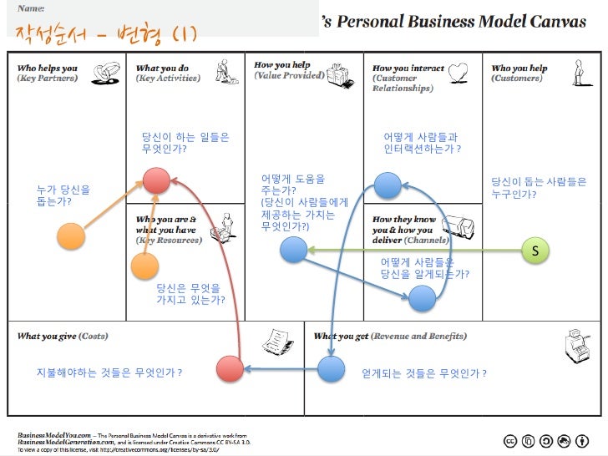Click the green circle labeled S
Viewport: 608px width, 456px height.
coord(535,250)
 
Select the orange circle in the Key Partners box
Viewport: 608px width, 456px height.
coord(73,236)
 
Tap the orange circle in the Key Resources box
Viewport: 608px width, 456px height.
coord(144,266)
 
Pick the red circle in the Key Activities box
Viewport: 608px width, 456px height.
coord(155,180)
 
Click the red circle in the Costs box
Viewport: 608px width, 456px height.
coord(230,368)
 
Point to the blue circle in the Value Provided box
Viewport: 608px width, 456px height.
coord(293,249)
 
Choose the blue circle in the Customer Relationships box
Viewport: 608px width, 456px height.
coord(388,185)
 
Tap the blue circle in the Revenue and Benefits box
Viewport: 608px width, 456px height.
coord(331,367)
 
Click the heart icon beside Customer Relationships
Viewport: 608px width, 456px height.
coord(458,73)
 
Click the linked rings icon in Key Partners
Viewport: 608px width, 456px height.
coord(105,73)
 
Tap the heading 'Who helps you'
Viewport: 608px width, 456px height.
coord(47,68)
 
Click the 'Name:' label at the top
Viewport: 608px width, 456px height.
coord(31,8)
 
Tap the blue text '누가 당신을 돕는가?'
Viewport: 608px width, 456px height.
coord(63,195)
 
